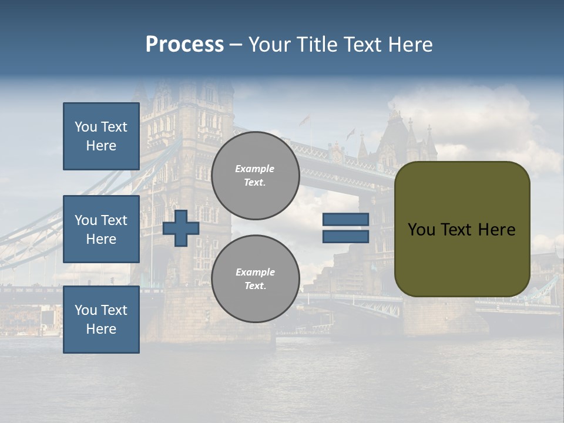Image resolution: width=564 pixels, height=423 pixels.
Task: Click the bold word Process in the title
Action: click(x=184, y=44)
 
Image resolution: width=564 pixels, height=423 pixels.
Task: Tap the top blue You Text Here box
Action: click(x=101, y=136)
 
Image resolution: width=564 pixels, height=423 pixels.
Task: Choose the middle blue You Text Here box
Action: click(x=101, y=229)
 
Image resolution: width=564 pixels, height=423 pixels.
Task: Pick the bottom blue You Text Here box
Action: click(x=101, y=320)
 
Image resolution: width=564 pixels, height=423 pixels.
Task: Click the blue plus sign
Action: click(x=181, y=229)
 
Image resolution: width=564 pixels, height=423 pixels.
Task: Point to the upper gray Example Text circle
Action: click(x=256, y=176)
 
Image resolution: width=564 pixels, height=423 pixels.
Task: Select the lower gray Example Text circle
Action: click(x=256, y=279)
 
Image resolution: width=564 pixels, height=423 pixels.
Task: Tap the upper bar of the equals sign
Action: click(x=345, y=220)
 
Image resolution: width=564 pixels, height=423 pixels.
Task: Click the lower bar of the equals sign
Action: click(x=345, y=237)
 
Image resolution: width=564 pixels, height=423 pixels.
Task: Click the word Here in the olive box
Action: click(x=496, y=230)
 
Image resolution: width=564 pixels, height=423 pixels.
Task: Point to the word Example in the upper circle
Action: click(x=255, y=169)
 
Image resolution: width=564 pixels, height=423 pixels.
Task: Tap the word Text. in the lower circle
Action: click(x=255, y=286)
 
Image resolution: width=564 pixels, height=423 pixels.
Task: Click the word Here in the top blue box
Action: click(x=101, y=146)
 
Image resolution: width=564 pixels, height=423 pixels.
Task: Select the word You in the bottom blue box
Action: click(x=86, y=310)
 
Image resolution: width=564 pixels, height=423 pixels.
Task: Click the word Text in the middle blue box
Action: click(x=114, y=220)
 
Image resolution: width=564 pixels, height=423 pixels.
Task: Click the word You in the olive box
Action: click(x=421, y=230)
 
